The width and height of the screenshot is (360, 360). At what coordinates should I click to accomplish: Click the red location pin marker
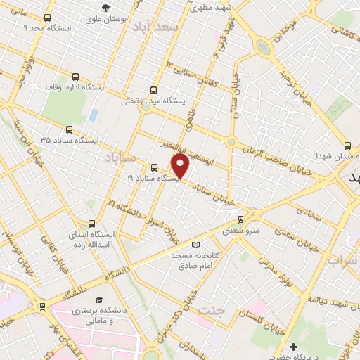[181, 166]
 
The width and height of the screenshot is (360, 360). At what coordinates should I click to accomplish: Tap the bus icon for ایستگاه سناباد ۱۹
[155, 167]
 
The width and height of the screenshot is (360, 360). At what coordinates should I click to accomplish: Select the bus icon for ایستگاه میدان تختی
[154, 89]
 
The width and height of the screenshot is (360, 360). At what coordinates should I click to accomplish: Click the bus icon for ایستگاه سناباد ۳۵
[68, 129]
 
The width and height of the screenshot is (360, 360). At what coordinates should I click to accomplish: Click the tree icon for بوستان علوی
[105, 8]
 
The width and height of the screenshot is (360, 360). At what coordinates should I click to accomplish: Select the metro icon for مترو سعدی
[242, 219]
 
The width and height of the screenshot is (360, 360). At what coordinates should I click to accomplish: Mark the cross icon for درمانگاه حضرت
[294, 347]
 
